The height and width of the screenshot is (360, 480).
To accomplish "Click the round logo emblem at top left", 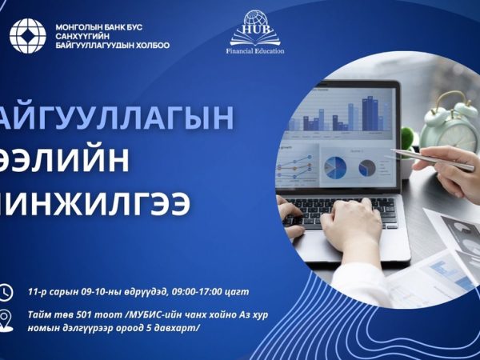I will pos(27,35).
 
